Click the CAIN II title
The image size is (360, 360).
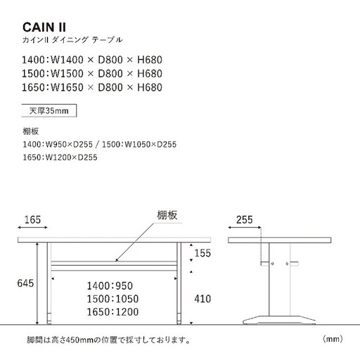[44, 27]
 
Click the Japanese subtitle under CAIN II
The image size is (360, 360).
[72, 40]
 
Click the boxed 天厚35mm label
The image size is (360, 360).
[49, 110]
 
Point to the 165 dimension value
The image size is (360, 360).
[32, 220]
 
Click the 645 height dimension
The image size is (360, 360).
[25, 283]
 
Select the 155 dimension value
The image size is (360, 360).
[202, 253]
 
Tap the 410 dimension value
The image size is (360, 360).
[202, 299]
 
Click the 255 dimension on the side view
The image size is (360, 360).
[245, 220]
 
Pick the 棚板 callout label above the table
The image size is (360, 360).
[167, 215]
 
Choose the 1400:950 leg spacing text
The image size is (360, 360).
[110, 286]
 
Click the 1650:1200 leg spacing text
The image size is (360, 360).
[112, 312]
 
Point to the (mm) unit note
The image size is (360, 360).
[333, 339]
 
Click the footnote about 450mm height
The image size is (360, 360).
[108, 340]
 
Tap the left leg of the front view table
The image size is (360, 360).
[49, 283]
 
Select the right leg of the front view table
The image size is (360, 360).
[179, 283]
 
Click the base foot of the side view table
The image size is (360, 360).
[279, 320]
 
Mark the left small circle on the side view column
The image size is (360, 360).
[272, 264]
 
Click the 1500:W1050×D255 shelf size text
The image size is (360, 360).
[139, 144]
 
